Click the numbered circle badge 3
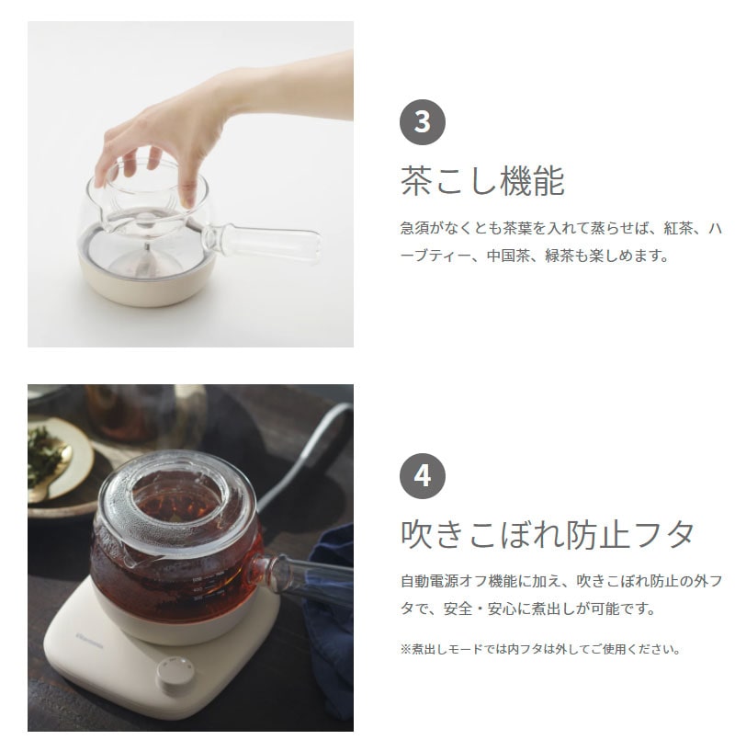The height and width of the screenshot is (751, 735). click(423, 121)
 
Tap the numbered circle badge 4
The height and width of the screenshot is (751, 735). click(423, 476)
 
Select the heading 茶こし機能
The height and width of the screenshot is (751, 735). click(482, 181)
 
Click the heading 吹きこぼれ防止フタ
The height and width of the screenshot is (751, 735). click(548, 534)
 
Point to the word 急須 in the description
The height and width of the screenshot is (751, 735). click(413, 227)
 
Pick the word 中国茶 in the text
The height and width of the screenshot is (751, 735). click(531, 256)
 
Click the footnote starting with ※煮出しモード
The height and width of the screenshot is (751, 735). click(540, 649)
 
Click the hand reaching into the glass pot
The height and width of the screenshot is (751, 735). click(175, 129)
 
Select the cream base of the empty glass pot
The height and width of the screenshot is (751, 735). click(147, 284)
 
